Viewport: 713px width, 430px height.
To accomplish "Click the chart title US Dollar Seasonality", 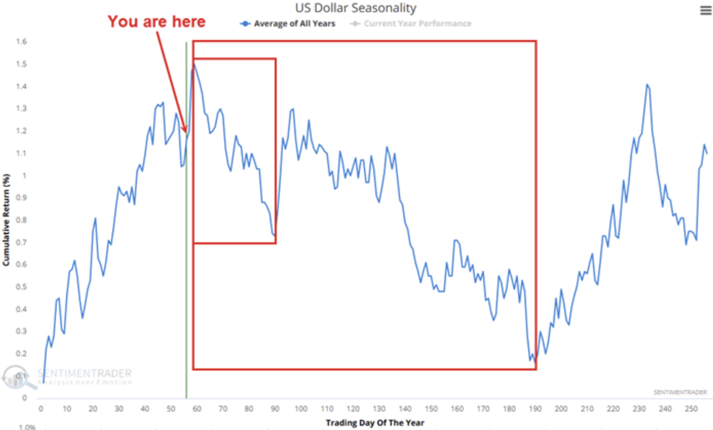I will click(356, 8).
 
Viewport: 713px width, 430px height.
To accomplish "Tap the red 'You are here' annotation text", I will click(156, 22).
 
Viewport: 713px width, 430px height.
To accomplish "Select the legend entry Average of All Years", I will click(294, 24).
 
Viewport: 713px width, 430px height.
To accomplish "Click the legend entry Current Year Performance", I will click(418, 24).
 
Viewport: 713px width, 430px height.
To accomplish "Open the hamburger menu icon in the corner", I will click(706, 11).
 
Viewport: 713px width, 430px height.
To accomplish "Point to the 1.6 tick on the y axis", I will click(21, 42).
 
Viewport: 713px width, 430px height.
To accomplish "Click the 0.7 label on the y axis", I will click(21, 242).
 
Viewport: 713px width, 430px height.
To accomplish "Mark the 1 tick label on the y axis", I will click(25, 176).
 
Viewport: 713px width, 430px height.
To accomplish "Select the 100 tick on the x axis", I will click(301, 409).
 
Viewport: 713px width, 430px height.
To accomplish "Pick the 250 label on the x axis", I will click(691, 409).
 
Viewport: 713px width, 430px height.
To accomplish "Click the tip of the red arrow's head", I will click(186, 132).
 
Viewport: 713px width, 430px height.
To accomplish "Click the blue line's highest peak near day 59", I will click(194, 64).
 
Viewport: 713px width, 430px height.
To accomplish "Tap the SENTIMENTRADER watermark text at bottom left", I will click(85, 374).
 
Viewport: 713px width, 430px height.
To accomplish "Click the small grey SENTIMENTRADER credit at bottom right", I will click(680, 392).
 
